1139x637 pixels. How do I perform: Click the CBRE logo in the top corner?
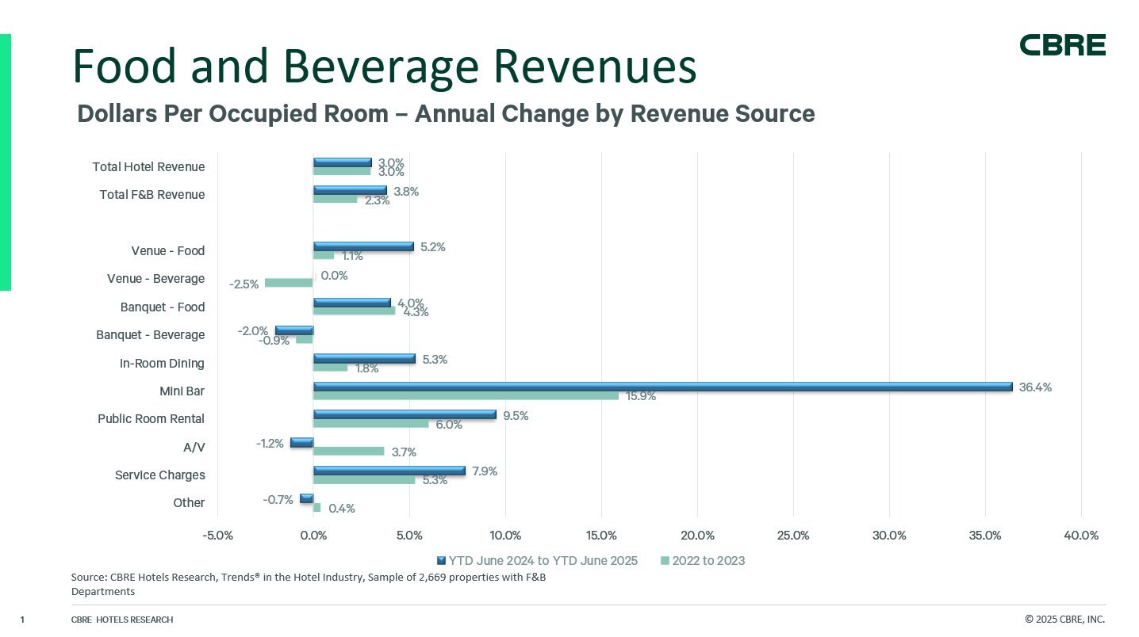coord(1062,45)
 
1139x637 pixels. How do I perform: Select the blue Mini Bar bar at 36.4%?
coord(662,387)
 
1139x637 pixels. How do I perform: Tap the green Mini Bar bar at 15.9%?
coord(466,395)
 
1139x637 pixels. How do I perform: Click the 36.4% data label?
coord(1036,387)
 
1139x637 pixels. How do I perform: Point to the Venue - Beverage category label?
coord(155,279)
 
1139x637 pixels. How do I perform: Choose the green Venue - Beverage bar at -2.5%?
coord(289,283)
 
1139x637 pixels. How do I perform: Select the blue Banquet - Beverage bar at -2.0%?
coord(294,330)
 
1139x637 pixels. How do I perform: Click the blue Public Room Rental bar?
coord(405,414)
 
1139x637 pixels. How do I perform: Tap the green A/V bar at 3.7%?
coord(349,451)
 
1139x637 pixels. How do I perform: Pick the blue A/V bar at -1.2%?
coord(302,443)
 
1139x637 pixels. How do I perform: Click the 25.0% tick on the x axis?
coord(793,536)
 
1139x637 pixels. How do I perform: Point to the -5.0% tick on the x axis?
coord(218,536)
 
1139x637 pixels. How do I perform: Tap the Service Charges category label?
coord(159,475)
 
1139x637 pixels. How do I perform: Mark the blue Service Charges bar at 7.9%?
coord(389,471)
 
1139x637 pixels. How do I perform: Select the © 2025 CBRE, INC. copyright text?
coord(1064,620)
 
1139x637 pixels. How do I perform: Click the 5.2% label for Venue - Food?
coord(432,247)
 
